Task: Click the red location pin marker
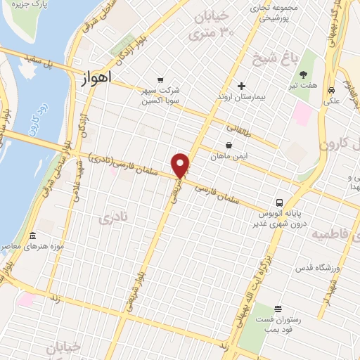tap(181, 165)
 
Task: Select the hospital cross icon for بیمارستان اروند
tap(242, 86)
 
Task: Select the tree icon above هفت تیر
tap(303, 75)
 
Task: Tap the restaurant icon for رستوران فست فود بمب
tap(278, 309)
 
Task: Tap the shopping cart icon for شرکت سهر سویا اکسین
tap(161, 79)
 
